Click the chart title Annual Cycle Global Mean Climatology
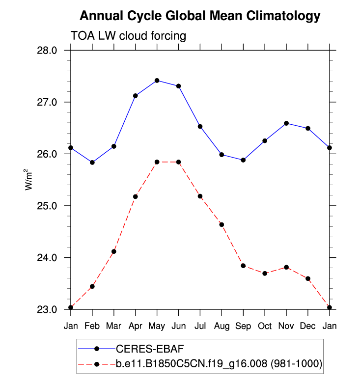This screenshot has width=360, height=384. (200, 16)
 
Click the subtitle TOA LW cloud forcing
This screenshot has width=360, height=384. (129, 36)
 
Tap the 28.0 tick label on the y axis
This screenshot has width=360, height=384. (48, 51)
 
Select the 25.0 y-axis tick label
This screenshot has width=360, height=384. (48, 206)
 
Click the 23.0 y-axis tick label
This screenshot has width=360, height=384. (48, 309)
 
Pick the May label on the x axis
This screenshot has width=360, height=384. (157, 326)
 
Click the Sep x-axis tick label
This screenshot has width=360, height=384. (243, 326)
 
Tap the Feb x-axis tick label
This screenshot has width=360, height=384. (92, 326)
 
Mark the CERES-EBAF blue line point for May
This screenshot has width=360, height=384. (157, 80)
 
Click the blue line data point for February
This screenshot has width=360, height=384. (92, 162)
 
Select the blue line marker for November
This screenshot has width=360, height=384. (286, 123)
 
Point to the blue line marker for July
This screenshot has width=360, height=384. (200, 126)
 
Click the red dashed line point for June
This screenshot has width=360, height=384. (178, 162)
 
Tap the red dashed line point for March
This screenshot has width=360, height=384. (113, 251)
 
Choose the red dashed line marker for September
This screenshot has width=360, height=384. (243, 266)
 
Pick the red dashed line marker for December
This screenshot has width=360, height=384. (308, 278)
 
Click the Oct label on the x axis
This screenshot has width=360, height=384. (265, 326)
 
